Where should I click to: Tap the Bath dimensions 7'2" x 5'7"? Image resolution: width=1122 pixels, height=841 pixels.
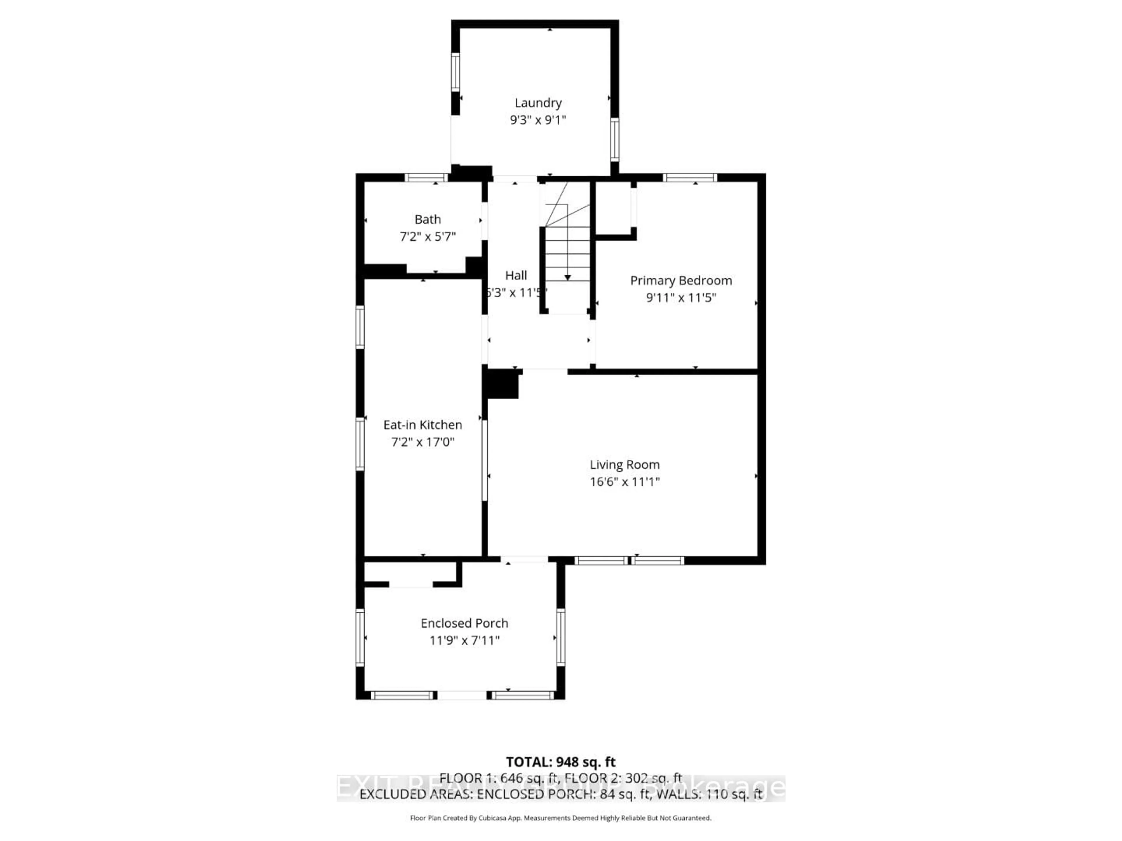(x=427, y=237)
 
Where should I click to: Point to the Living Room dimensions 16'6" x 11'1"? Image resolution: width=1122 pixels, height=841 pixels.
(x=624, y=482)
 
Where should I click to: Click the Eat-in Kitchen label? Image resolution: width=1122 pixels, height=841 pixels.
(x=423, y=425)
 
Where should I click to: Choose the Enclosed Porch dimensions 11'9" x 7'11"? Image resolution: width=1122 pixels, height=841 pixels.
(x=464, y=640)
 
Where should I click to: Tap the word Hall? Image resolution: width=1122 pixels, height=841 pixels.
(x=516, y=275)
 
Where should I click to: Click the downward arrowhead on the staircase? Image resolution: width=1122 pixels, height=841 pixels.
(x=568, y=277)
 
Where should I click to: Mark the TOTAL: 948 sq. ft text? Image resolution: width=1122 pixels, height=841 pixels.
(x=560, y=762)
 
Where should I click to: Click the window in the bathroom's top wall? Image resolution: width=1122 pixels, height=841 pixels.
(x=426, y=178)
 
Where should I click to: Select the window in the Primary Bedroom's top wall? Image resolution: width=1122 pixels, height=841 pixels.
(x=690, y=178)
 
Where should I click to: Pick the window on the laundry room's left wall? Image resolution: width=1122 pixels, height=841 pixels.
(x=456, y=72)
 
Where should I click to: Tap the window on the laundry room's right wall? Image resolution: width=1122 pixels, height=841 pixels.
(x=615, y=139)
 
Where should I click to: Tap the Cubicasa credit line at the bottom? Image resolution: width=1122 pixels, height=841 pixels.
(x=560, y=818)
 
